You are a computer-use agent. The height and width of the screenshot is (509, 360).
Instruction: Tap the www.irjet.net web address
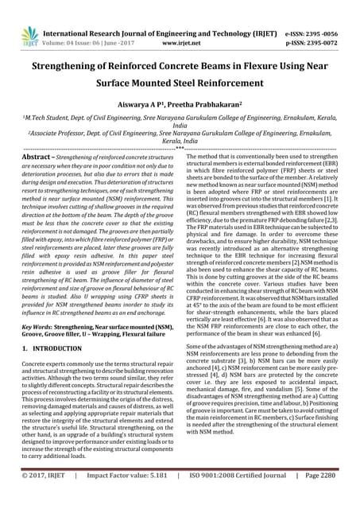click(x=180, y=23)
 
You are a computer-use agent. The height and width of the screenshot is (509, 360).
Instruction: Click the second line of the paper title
click(x=180, y=81)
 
